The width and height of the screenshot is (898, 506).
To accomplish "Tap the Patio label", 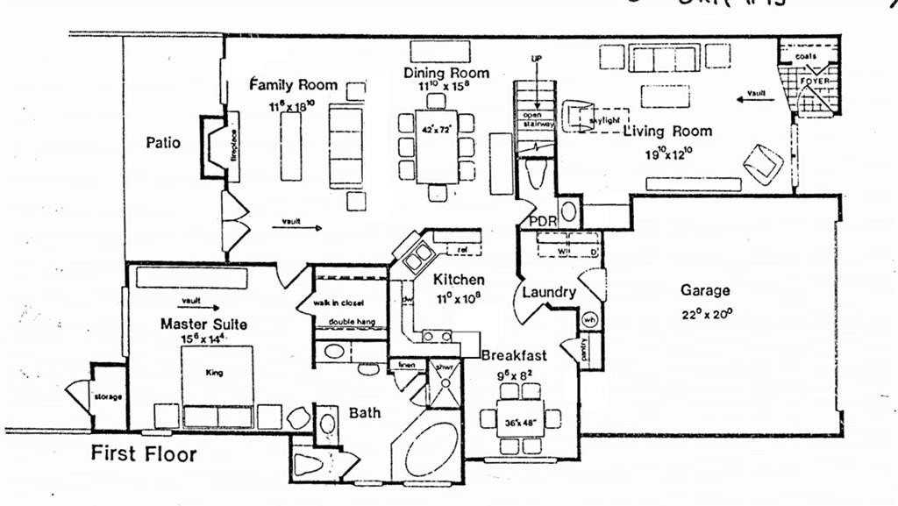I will [164, 142].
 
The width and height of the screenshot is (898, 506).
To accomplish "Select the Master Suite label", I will [203, 324].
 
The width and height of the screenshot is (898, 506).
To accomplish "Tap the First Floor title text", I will [145, 454].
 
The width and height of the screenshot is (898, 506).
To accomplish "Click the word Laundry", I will [549, 292].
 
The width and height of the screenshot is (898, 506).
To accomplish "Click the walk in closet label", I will [338, 303].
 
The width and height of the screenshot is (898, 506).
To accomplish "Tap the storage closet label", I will [108, 397].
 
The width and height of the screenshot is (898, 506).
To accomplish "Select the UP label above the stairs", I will [538, 59].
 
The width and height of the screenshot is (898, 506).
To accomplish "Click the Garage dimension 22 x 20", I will [704, 314].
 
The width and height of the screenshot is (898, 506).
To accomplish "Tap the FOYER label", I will [815, 81].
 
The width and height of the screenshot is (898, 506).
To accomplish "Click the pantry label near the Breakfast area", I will [585, 349].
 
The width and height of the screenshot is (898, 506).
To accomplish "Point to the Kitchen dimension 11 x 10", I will [458, 296].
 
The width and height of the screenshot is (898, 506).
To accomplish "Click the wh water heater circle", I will [590, 319].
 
